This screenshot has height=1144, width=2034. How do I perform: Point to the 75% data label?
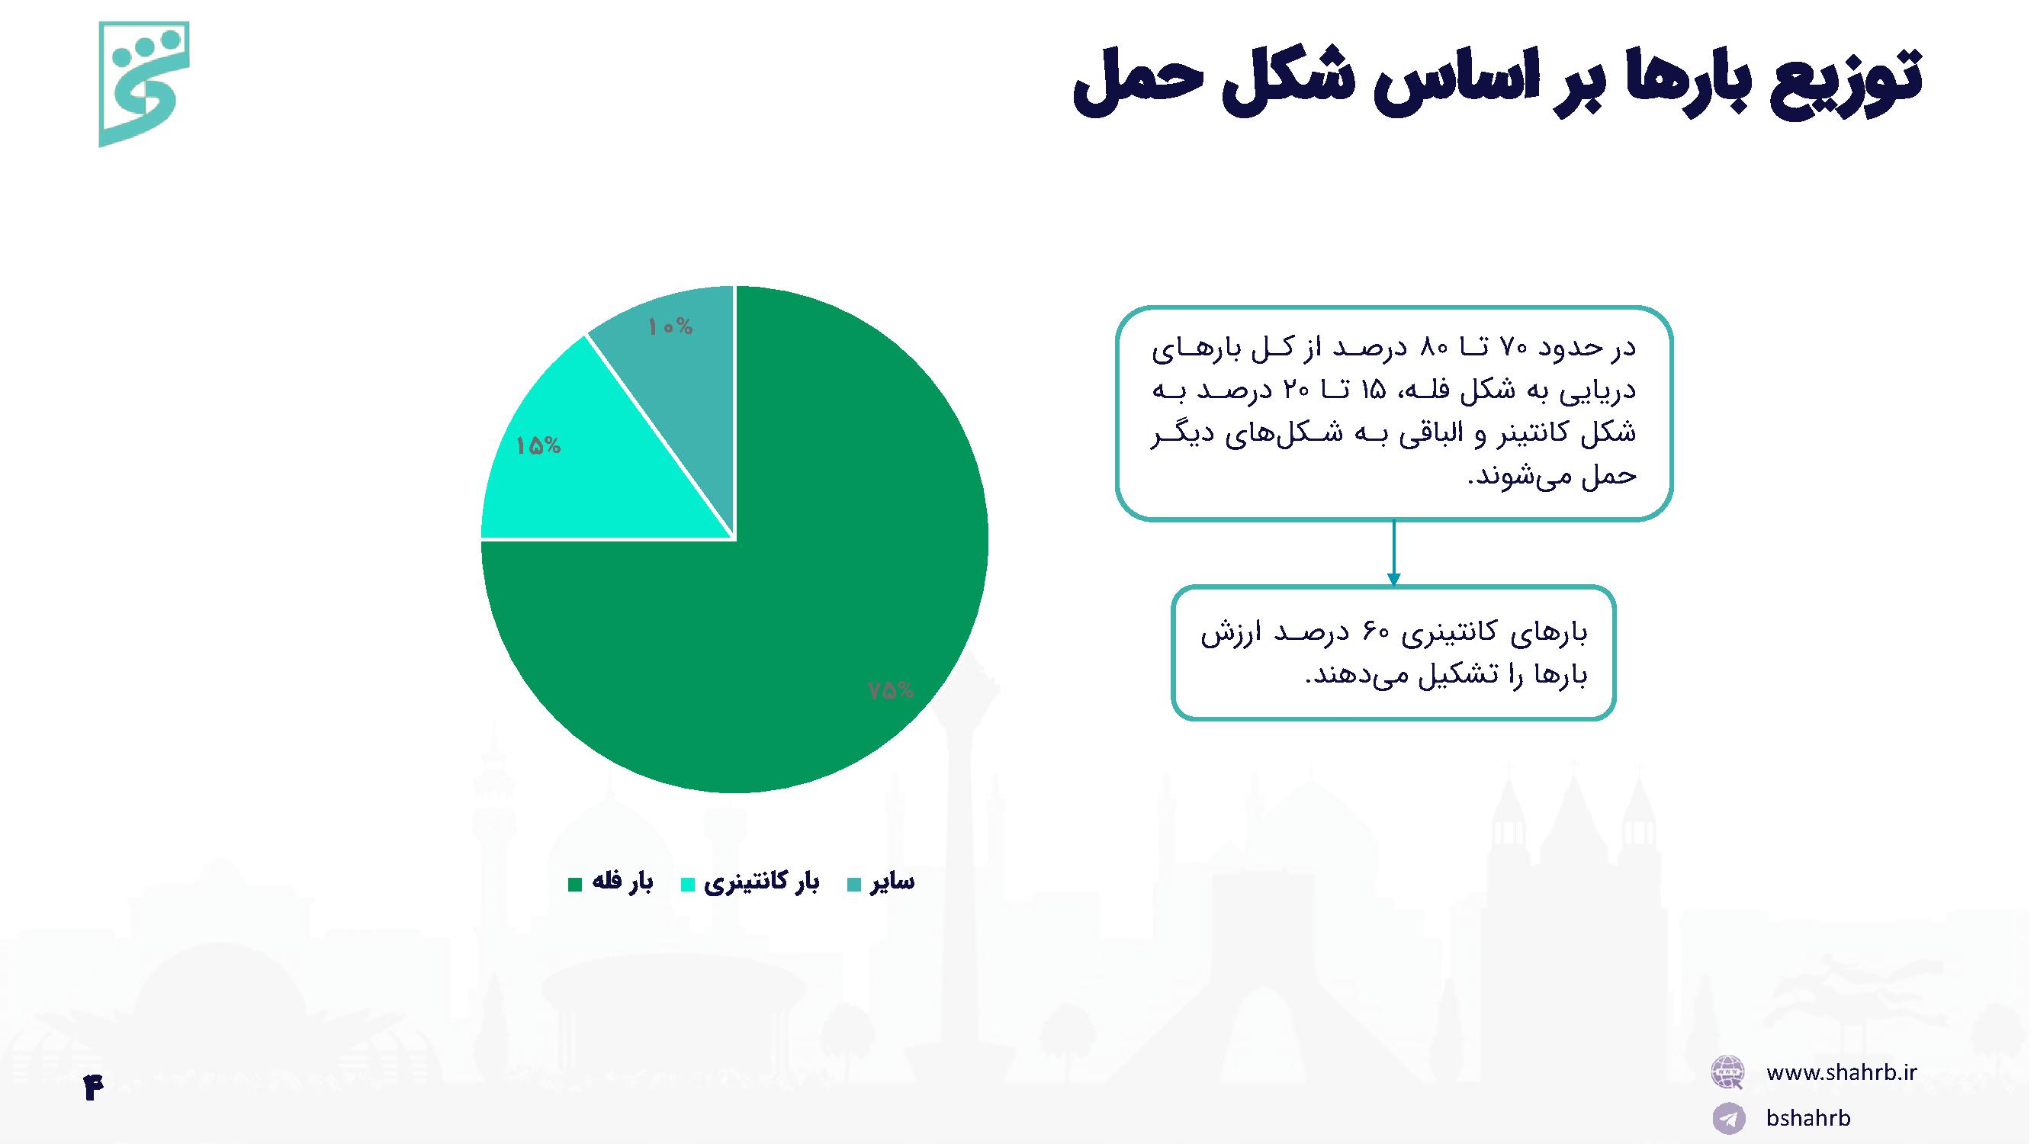pyautogui.click(x=891, y=691)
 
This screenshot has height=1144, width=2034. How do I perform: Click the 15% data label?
pyautogui.click(x=538, y=446)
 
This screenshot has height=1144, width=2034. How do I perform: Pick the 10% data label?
pyautogui.click(x=670, y=327)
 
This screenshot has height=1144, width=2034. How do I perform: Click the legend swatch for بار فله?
pyautogui.click(x=575, y=884)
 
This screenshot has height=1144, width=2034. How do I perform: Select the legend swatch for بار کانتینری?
pyautogui.click(x=688, y=884)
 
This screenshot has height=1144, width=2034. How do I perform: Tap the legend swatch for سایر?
pyautogui.click(x=854, y=884)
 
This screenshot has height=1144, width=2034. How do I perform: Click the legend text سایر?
pyautogui.click(x=892, y=882)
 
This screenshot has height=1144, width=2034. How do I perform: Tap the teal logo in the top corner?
pyautogui.click(x=143, y=84)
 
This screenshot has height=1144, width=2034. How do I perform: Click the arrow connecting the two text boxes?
pyautogui.click(x=1393, y=553)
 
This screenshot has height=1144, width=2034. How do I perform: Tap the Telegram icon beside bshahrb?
pyautogui.click(x=1727, y=1119)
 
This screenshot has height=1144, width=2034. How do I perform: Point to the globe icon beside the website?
pyautogui.click(x=1727, y=1072)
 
